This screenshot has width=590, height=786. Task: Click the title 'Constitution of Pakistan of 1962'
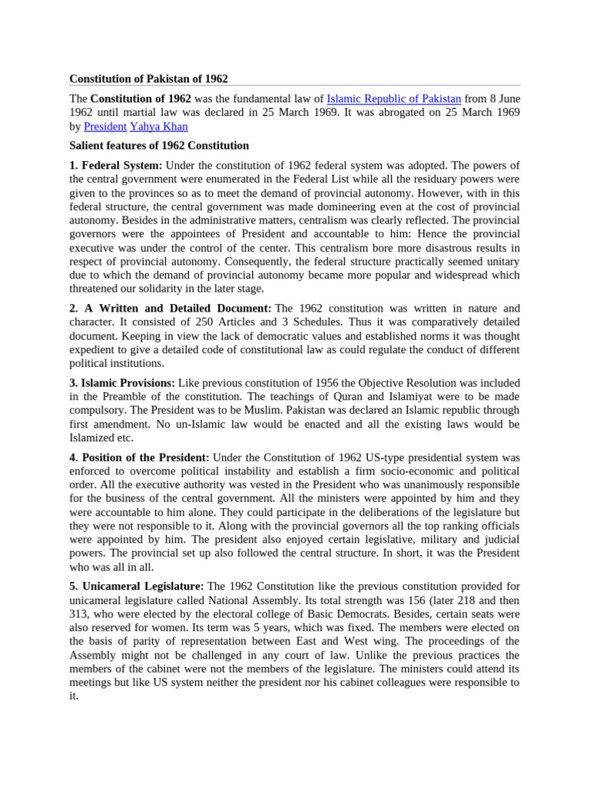(148, 78)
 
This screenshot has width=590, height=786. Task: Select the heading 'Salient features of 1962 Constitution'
(159, 145)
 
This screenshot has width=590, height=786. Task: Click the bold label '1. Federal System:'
(116, 166)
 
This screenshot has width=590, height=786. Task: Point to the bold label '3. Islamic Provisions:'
(123, 382)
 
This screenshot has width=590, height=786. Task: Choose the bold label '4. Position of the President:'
(140, 457)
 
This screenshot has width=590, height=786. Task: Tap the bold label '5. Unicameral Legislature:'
(137, 586)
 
